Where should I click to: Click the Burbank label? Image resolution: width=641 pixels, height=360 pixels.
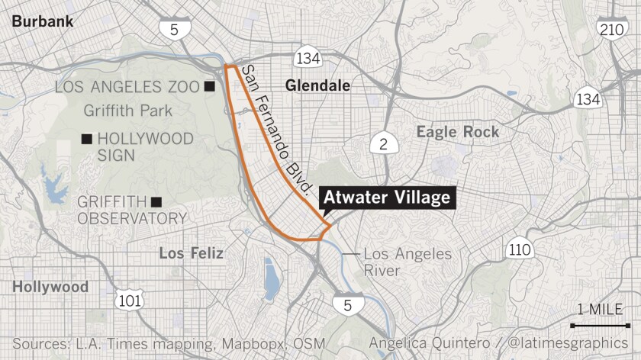tap(43, 21)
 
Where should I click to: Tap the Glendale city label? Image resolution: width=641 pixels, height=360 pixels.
tap(317, 86)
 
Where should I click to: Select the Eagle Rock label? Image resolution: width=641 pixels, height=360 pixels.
tap(458, 132)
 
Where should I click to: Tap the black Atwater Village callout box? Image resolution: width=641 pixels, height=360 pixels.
tap(389, 199)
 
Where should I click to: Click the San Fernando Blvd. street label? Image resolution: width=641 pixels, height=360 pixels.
tap(278, 129)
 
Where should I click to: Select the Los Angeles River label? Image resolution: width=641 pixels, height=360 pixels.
tap(407, 262)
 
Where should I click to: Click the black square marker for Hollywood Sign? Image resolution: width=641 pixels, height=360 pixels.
tap(87, 139)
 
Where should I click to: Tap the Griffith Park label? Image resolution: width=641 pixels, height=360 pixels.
tap(129, 111)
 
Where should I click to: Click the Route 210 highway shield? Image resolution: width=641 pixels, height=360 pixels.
tap(612, 30)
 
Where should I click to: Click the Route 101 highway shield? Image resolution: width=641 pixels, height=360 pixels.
tap(129, 301)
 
